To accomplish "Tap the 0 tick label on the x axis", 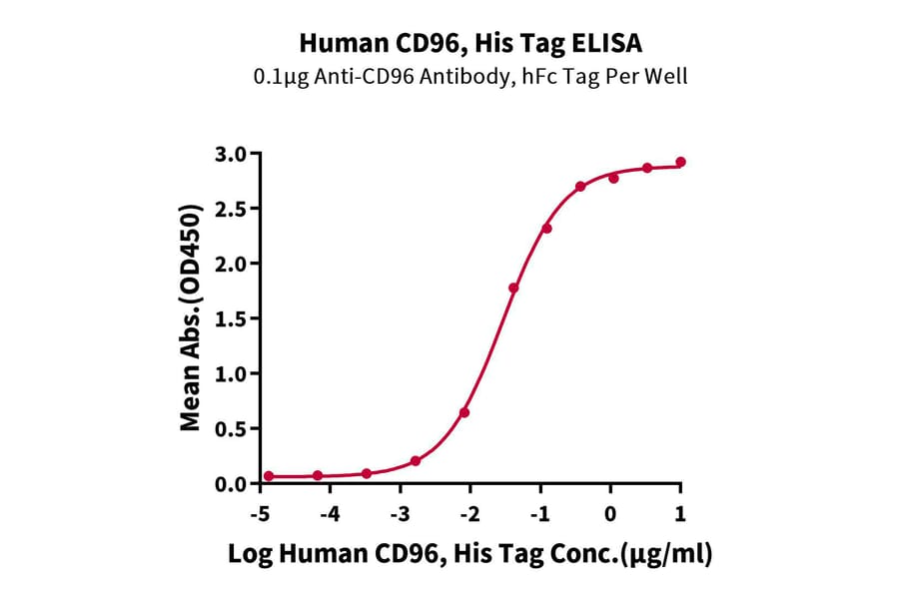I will pyautogui.click(x=610, y=512).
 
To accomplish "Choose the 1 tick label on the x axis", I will pyautogui.click(x=680, y=512).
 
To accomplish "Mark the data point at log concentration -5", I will pyautogui.click(x=269, y=476).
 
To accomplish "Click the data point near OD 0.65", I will pyautogui.click(x=464, y=412).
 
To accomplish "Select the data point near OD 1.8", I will pyautogui.click(x=513, y=288).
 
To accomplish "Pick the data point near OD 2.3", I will pyautogui.click(x=546, y=229).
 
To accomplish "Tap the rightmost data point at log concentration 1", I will pyautogui.click(x=680, y=162).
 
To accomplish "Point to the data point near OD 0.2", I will pyautogui.click(x=416, y=460).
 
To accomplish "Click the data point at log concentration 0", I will pyautogui.click(x=613, y=178).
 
